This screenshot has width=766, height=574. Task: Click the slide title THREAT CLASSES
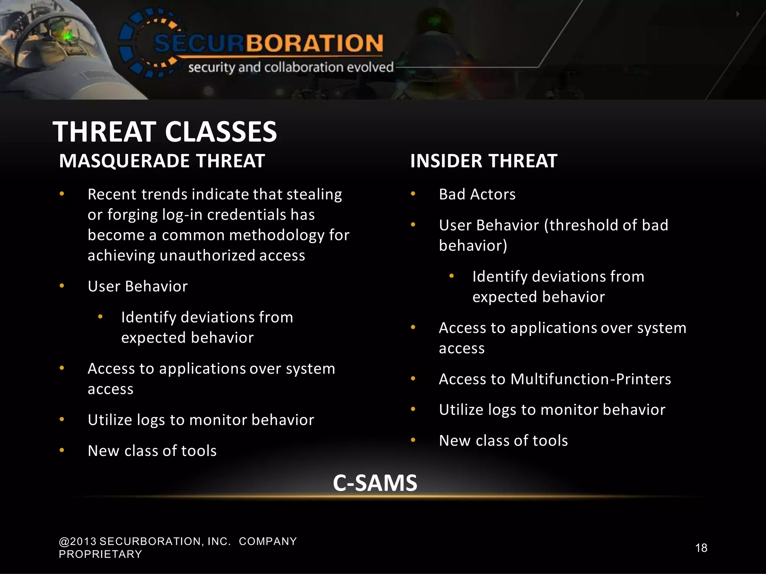165,132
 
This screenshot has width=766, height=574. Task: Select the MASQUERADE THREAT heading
162,161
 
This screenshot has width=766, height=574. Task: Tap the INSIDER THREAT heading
484,161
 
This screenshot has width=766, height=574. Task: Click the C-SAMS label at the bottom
375,483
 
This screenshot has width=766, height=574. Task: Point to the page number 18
701,548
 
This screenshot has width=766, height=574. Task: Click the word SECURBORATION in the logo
269,43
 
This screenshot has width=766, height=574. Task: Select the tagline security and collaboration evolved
291,67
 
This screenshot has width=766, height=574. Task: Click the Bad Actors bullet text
477,194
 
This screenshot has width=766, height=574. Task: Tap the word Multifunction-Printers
591,379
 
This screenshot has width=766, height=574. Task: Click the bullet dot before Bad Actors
413,194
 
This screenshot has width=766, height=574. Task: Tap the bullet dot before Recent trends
62,194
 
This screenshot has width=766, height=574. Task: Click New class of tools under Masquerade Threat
152,451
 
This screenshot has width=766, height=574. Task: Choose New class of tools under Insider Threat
503,441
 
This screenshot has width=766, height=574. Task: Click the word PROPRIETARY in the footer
100,554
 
